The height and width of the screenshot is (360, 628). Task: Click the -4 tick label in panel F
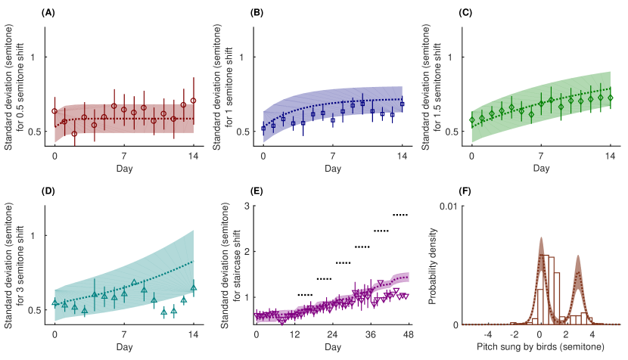488,334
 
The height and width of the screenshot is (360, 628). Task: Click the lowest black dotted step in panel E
306,294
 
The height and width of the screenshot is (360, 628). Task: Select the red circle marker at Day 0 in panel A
54,111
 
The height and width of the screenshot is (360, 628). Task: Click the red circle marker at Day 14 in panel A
194,101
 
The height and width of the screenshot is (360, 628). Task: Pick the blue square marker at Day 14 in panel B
402,104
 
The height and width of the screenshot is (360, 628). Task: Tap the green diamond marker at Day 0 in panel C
471,119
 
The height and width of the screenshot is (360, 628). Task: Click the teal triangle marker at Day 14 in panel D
194,288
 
